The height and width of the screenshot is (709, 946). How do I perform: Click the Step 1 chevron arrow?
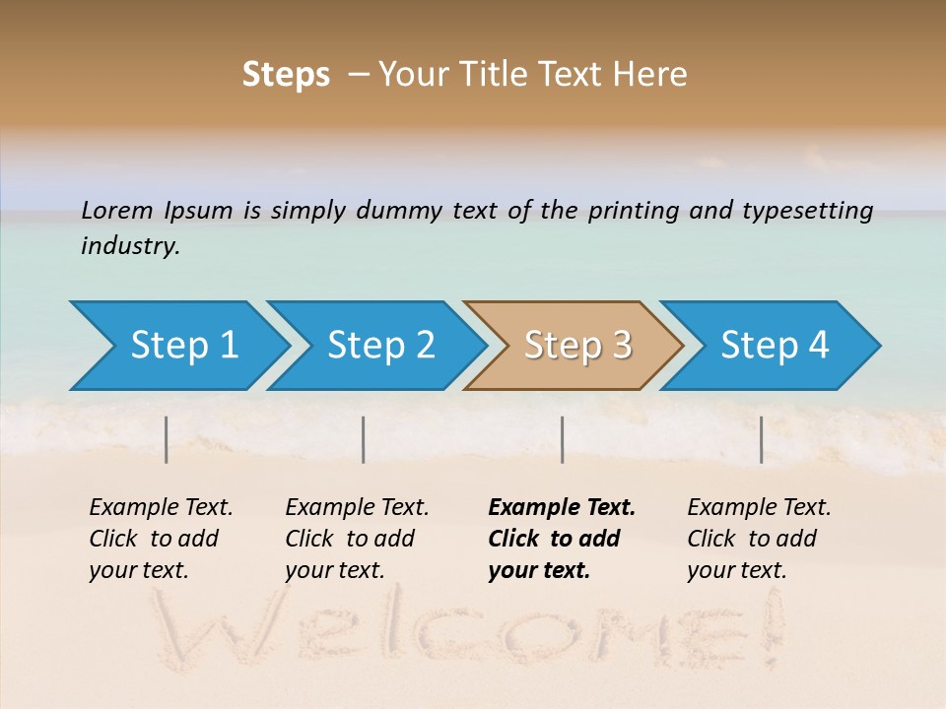coord(183,346)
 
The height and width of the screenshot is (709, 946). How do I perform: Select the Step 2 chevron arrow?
coord(380,346)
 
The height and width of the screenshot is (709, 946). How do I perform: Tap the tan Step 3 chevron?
coord(577,346)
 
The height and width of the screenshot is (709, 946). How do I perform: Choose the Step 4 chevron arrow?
coord(775,346)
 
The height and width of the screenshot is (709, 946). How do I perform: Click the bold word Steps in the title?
coord(286,75)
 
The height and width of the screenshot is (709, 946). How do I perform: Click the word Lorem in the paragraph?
coord(117,210)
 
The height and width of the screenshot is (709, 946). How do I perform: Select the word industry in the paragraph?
coord(130,245)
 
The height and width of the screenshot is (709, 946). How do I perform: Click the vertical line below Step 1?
coord(167,439)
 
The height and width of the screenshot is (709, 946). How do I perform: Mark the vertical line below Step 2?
coord(364,439)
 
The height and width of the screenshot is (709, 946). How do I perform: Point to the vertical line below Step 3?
coord(562,439)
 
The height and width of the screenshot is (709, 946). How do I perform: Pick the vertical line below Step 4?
coord(762,439)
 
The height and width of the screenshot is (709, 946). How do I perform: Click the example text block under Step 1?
coord(161,539)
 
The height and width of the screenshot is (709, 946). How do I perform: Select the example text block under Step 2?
coord(357,539)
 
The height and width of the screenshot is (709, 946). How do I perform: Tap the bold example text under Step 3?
coord(561,539)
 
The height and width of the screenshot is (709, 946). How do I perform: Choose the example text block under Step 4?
coord(759,539)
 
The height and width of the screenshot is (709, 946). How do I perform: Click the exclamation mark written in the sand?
coord(770,625)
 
